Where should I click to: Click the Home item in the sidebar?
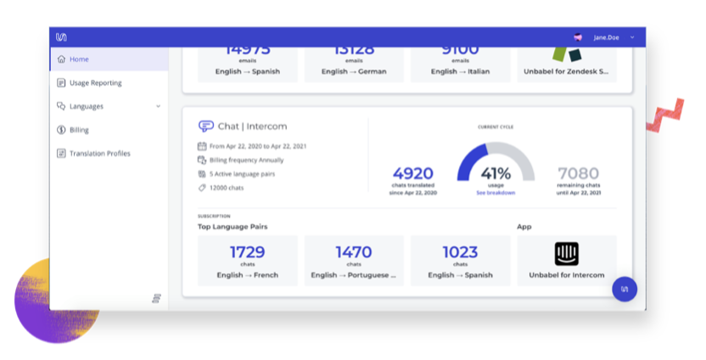click(79, 59)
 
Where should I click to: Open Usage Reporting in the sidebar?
click(95, 83)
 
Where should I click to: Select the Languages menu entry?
click(86, 106)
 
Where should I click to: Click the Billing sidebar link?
click(79, 130)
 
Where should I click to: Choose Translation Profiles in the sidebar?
click(99, 154)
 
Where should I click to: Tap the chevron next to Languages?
click(158, 106)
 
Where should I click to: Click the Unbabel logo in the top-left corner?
click(61, 37)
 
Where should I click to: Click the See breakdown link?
click(496, 193)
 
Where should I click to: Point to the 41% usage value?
click(496, 173)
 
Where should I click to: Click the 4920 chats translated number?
click(412, 173)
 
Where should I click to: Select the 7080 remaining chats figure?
click(579, 173)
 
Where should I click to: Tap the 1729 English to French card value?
click(247, 251)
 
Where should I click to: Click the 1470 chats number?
click(354, 251)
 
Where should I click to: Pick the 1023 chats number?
click(460, 251)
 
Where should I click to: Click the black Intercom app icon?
click(566, 254)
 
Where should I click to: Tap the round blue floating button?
click(625, 289)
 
